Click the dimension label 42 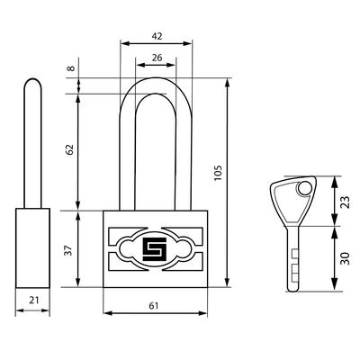(x=157, y=36)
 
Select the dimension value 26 (x=157, y=58)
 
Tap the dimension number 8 (x=71, y=68)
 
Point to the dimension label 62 (x=69, y=149)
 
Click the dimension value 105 (x=218, y=173)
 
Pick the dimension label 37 (x=69, y=250)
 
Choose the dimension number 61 (x=154, y=306)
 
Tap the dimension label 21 (x=34, y=300)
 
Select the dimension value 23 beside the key (x=346, y=202)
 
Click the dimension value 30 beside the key (x=346, y=258)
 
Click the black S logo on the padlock (x=154, y=249)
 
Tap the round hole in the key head (x=304, y=189)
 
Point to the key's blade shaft (x=292, y=258)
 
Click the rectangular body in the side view (x=32, y=248)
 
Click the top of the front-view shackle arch (x=156, y=79)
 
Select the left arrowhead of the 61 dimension (x=107, y=313)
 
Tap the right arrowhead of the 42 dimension (x=187, y=43)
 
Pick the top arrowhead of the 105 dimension (x=228, y=83)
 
